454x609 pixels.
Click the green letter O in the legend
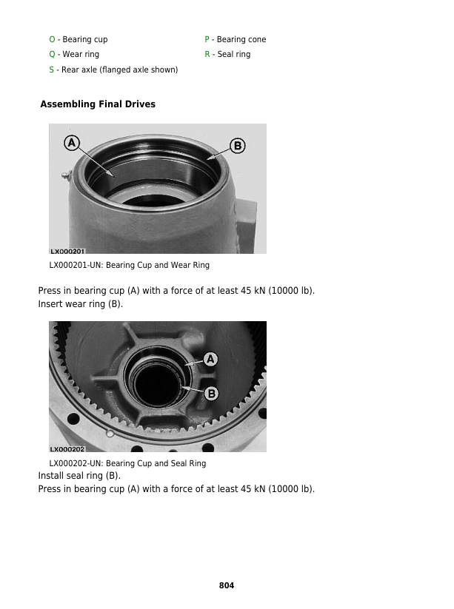click(52, 39)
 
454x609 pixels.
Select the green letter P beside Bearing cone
click(207, 39)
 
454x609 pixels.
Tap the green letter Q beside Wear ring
click(52, 54)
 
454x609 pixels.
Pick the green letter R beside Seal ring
click(207, 54)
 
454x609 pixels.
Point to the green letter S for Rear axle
click(51, 70)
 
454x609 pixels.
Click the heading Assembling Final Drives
click(98, 104)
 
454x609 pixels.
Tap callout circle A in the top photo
click(72, 143)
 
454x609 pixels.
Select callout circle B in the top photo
click(238, 146)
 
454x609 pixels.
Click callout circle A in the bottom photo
click(210, 359)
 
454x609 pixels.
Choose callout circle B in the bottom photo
click(212, 394)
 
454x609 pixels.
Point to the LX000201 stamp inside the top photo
click(67, 252)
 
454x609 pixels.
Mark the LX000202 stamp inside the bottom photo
click(67, 449)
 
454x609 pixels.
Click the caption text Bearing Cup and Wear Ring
click(158, 265)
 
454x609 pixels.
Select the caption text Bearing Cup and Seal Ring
click(156, 463)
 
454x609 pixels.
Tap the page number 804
click(227, 585)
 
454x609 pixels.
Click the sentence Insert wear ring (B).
click(81, 304)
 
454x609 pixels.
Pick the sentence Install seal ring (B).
click(79, 476)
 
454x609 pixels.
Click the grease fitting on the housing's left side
click(67, 175)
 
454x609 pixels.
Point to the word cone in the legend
click(256, 40)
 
